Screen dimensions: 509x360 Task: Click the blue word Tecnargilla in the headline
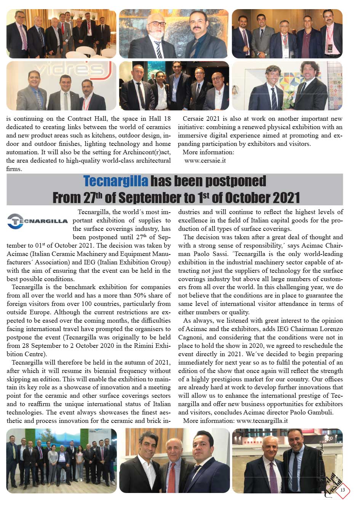[115, 181]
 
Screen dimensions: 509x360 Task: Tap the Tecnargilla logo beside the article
[37, 221]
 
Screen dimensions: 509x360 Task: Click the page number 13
[342, 490]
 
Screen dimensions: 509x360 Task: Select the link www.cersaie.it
[205, 160]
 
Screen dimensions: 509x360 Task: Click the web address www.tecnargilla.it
[262, 421]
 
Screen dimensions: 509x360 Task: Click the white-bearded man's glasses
[157, 24]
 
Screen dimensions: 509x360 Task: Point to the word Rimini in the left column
[139, 346]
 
